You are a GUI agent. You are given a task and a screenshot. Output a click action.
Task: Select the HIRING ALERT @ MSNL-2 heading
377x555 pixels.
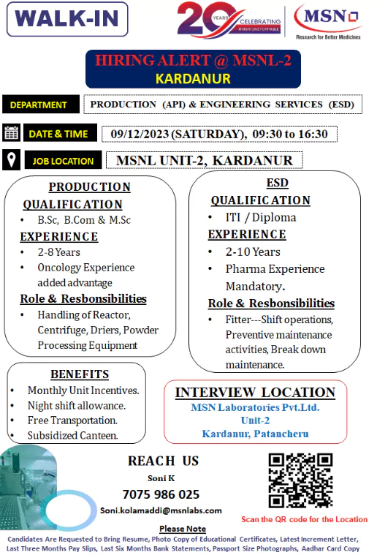coord(193,61)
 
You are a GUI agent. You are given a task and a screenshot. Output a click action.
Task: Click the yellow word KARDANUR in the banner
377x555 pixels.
coord(193,78)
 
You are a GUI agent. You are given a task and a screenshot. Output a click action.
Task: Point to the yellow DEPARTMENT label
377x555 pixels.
coord(39,105)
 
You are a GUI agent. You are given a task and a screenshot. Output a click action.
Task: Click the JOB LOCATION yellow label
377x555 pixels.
coord(63,161)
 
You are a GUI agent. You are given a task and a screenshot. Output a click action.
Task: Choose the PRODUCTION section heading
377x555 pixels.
coord(89,187)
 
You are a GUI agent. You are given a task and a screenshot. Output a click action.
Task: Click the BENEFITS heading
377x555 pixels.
coord(80,374)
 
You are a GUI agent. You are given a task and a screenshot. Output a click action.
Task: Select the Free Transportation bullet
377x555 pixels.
coord(72,420)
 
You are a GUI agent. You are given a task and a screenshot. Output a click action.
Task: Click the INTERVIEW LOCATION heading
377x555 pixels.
coord(255,393)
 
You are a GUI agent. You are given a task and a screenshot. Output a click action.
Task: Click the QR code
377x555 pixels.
coord(300,480)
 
